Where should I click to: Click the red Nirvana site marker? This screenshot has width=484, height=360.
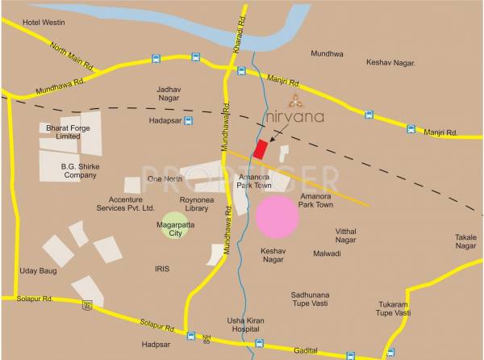pyautogui.click(x=261, y=149)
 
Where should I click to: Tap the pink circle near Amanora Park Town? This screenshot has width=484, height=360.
pyautogui.click(x=277, y=216)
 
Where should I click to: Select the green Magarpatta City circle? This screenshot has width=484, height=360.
pyautogui.click(x=176, y=224)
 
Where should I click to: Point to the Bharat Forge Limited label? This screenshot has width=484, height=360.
pyautogui.click(x=60, y=132)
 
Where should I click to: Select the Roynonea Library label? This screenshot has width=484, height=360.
pyautogui.click(x=194, y=203)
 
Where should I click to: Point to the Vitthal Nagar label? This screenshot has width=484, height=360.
pyautogui.click(x=345, y=235)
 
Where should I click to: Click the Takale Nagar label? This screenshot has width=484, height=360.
pyautogui.click(x=465, y=241)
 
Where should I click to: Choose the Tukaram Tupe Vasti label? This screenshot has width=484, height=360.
pyautogui.click(x=394, y=308)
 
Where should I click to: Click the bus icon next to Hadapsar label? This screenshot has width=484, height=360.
pyautogui.click(x=188, y=121)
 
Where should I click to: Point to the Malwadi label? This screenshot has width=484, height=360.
pyautogui.click(x=327, y=253)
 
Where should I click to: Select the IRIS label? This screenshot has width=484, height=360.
pyautogui.click(x=163, y=269)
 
